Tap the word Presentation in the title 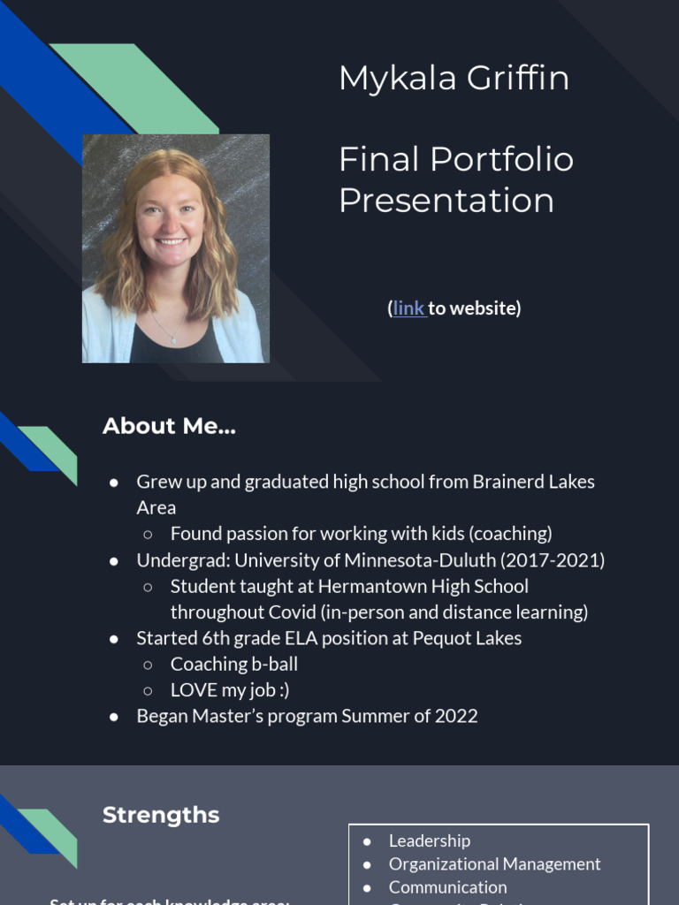(446, 201)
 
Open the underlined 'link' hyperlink (408, 308)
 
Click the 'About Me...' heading (169, 426)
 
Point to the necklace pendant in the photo (173, 339)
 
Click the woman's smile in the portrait (171, 240)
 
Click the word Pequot (440, 638)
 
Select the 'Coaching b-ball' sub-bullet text (233, 664)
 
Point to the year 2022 (456, 716)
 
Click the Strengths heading (161, 815)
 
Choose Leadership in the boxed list (429, 840)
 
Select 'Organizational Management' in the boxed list (494, 863)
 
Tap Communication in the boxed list (447, 886)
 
